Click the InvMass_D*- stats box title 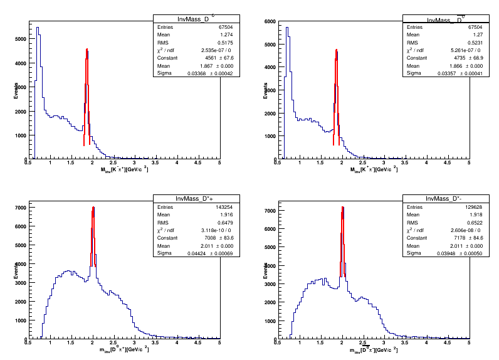pyautogui.click(x=444, y=199)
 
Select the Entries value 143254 pyautogui.click(x=201, y=206)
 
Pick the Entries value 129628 pyautogui.click(x=451, y=206)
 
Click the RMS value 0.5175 pyautogui.click(x=201, y=43)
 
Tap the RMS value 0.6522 pyautogui.click(x=451, y=222)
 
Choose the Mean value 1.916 pyautogui.click(x=200, y=214)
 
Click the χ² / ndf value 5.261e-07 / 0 pyautogui.click(x=451, y=50)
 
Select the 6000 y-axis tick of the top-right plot pyautogui.click(x=270, y=21)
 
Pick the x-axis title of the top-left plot pyautogui.click(x=123, y=170)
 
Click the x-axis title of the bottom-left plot pyautogui.click(x=123, y=349)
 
